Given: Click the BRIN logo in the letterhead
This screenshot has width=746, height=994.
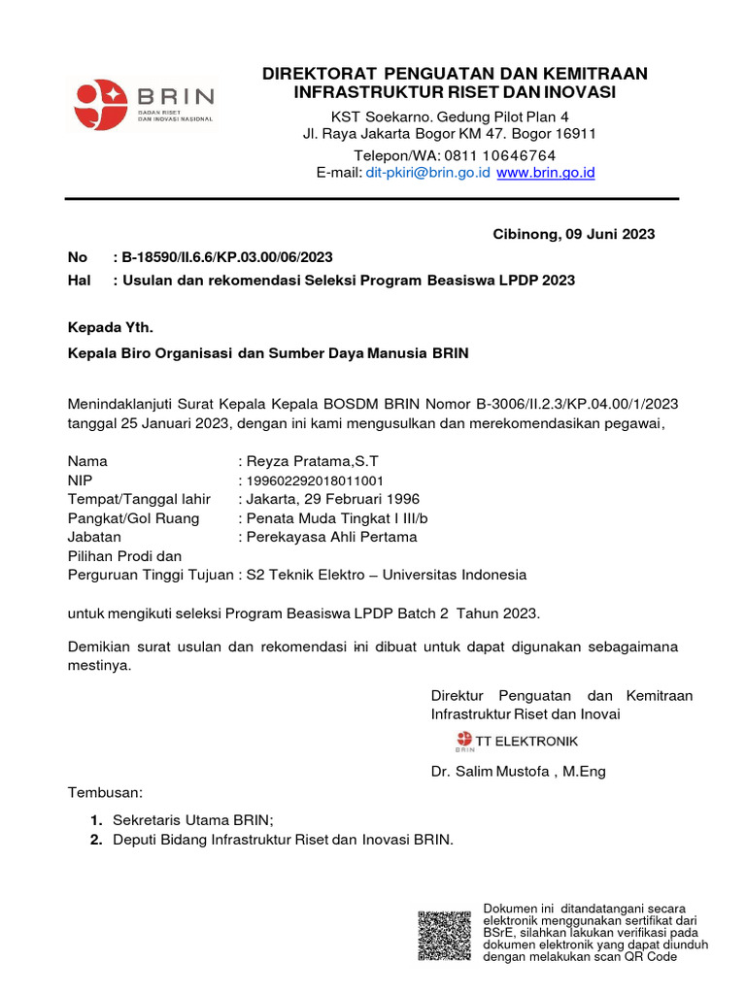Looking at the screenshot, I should (144, 105).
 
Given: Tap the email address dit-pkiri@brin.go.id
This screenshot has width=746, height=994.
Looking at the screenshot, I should (427, 173).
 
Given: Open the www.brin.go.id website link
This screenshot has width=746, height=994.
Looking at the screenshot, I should (545, 173).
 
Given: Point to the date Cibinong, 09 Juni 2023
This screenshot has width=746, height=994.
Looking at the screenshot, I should (574, 234).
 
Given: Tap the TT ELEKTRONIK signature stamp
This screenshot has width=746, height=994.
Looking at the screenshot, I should (517, 743).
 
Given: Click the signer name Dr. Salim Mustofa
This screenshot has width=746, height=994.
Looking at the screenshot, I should (492, 773).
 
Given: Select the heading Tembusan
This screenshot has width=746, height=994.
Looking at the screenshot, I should (105, 792).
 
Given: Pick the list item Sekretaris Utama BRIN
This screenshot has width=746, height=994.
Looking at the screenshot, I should (193, 820).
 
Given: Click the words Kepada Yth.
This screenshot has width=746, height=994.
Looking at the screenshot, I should (111, 327).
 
